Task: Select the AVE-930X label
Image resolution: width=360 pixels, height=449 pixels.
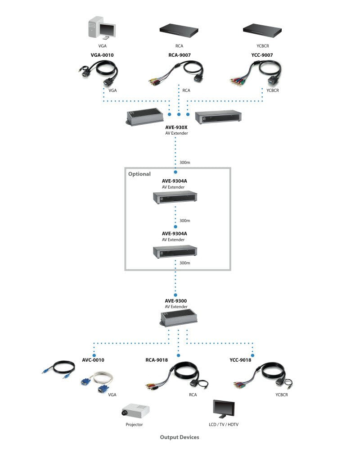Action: pos(175,127)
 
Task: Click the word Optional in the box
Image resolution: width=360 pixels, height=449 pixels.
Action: pos(139,174)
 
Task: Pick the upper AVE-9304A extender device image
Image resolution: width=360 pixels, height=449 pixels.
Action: pos(175,197)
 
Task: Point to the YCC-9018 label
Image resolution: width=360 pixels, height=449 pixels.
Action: pos(240,360)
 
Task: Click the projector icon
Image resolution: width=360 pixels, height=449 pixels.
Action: pos(135,410)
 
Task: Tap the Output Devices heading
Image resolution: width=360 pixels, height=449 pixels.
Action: pos(179,437)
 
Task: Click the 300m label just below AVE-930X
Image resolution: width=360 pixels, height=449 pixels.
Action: pos(184,162)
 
